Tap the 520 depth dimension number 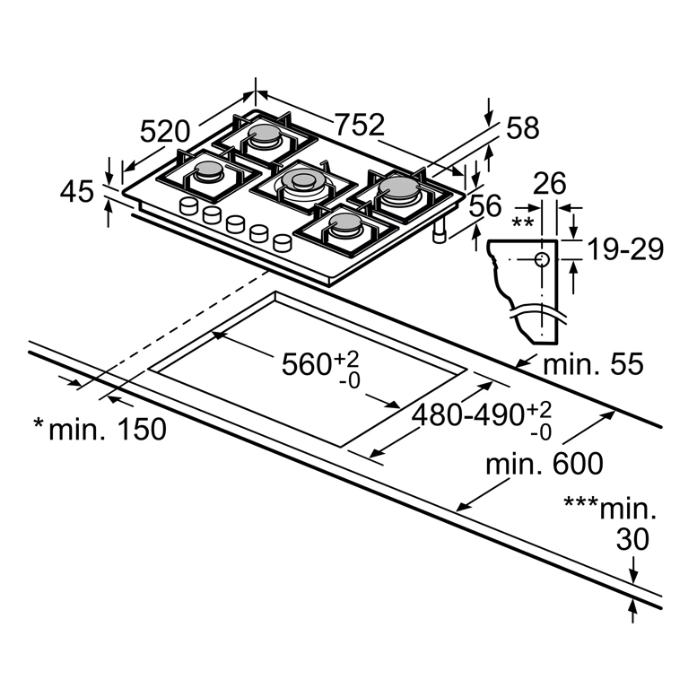[165, 132]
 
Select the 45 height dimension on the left [77, 192]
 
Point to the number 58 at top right [523, 127]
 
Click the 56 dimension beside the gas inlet [485, 205]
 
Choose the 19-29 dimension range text [625, 249]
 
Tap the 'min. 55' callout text [593, 363]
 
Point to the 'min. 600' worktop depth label [545, 463]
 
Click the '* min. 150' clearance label [100, 429]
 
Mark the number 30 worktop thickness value [632, 539]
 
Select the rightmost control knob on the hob [283, 243]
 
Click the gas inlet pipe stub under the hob [440, 232]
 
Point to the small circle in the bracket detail [542, 259]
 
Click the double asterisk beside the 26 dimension [522, 222]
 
